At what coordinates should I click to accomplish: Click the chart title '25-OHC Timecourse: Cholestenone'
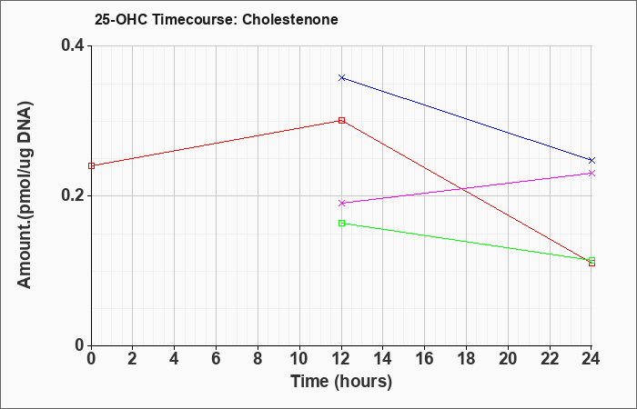click(217, 19)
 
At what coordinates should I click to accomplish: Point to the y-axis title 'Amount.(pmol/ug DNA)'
click(25, 195)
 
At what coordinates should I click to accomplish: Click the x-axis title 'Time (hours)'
click(341, 382)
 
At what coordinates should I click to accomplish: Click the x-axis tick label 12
click(341, 359)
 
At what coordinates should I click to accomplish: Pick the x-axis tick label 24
click(591, 359)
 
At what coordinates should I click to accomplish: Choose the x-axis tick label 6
click(217, 359)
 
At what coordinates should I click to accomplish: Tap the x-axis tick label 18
click(466, 359)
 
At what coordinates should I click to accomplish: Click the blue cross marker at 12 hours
click(341, 77)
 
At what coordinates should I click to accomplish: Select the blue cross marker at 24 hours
click(591, 160)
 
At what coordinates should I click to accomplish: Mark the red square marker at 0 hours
click(91, 165)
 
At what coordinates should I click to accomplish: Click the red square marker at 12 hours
click(341, 120)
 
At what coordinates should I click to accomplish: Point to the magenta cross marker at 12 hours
click(341, 203)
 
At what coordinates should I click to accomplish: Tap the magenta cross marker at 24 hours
click(591, 174)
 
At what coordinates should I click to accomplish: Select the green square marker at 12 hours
click(341, 223)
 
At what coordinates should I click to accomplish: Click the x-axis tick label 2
click(133, 359)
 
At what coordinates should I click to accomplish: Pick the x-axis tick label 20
click(508, 359)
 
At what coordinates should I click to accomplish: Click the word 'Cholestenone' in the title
click(290, 19)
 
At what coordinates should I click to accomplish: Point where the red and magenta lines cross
click(462, 189)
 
